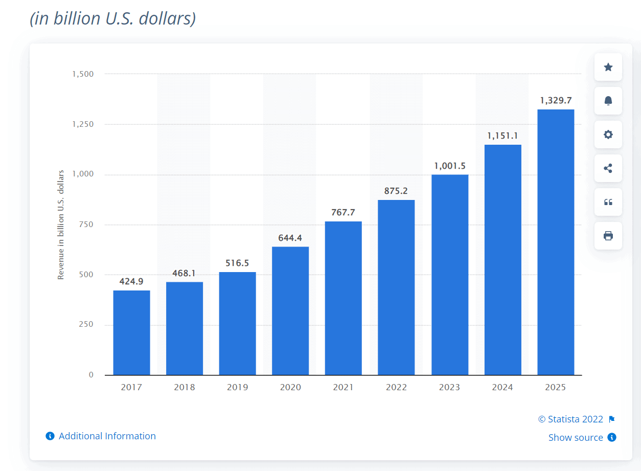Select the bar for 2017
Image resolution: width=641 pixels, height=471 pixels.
131,332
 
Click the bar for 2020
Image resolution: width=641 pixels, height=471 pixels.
290,310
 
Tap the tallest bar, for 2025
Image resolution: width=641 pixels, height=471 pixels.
556,242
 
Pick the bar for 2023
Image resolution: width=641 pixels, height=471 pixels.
450,275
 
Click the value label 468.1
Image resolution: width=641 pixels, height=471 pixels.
185,274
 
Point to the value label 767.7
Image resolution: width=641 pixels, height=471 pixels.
343,213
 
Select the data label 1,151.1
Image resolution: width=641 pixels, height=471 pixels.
502,136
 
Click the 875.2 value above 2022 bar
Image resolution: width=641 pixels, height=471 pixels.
396,191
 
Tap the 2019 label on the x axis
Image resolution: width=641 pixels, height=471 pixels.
237,387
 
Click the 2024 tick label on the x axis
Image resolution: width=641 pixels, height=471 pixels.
502,387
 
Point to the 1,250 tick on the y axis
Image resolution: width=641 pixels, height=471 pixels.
83,124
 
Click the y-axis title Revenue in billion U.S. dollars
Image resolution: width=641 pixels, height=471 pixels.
61,225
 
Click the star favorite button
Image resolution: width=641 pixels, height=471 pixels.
608,67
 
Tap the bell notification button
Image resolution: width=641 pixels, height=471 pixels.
608,101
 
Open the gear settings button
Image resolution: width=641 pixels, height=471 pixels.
608,134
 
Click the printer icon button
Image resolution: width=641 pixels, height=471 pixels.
608,236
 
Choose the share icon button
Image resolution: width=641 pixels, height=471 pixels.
608,168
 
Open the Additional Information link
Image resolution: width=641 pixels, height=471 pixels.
107,436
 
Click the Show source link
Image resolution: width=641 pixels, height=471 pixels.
576,438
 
